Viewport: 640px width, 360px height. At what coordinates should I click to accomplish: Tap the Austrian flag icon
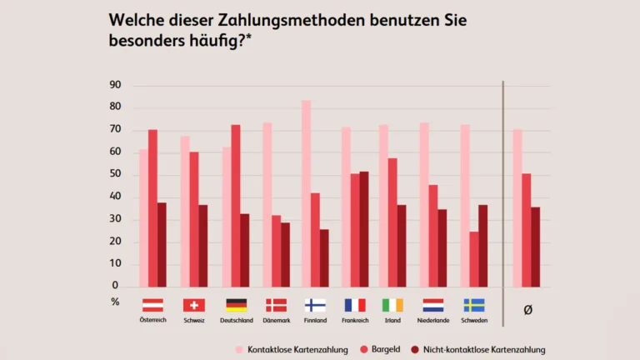click(x=152, y=305)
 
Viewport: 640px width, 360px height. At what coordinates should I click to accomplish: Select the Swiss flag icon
click(x=193, y=305)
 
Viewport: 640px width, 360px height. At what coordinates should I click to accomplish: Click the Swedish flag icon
click(x=474, y=305)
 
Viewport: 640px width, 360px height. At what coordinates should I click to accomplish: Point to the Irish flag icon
click(x=392, y=305)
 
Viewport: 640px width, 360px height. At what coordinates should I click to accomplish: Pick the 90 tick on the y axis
click(x=115, y=85)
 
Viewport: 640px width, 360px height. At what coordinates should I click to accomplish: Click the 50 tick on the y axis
click(x=115, y=174)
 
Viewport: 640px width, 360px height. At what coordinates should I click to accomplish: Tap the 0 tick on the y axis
click(x=115, y=286)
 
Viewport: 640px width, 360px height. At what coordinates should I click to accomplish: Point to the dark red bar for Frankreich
click(x=363, y=229)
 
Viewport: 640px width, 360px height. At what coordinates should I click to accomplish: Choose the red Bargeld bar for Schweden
click(x=474, y=259)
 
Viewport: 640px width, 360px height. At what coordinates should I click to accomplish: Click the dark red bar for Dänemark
click(x=286, y=254)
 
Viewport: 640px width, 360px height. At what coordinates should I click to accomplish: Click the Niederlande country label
click(x=433, y=321)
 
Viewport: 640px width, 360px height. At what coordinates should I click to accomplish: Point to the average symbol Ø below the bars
click(x=527, y=309)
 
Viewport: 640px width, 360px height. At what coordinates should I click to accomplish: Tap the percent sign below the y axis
click(x=115, y=302)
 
